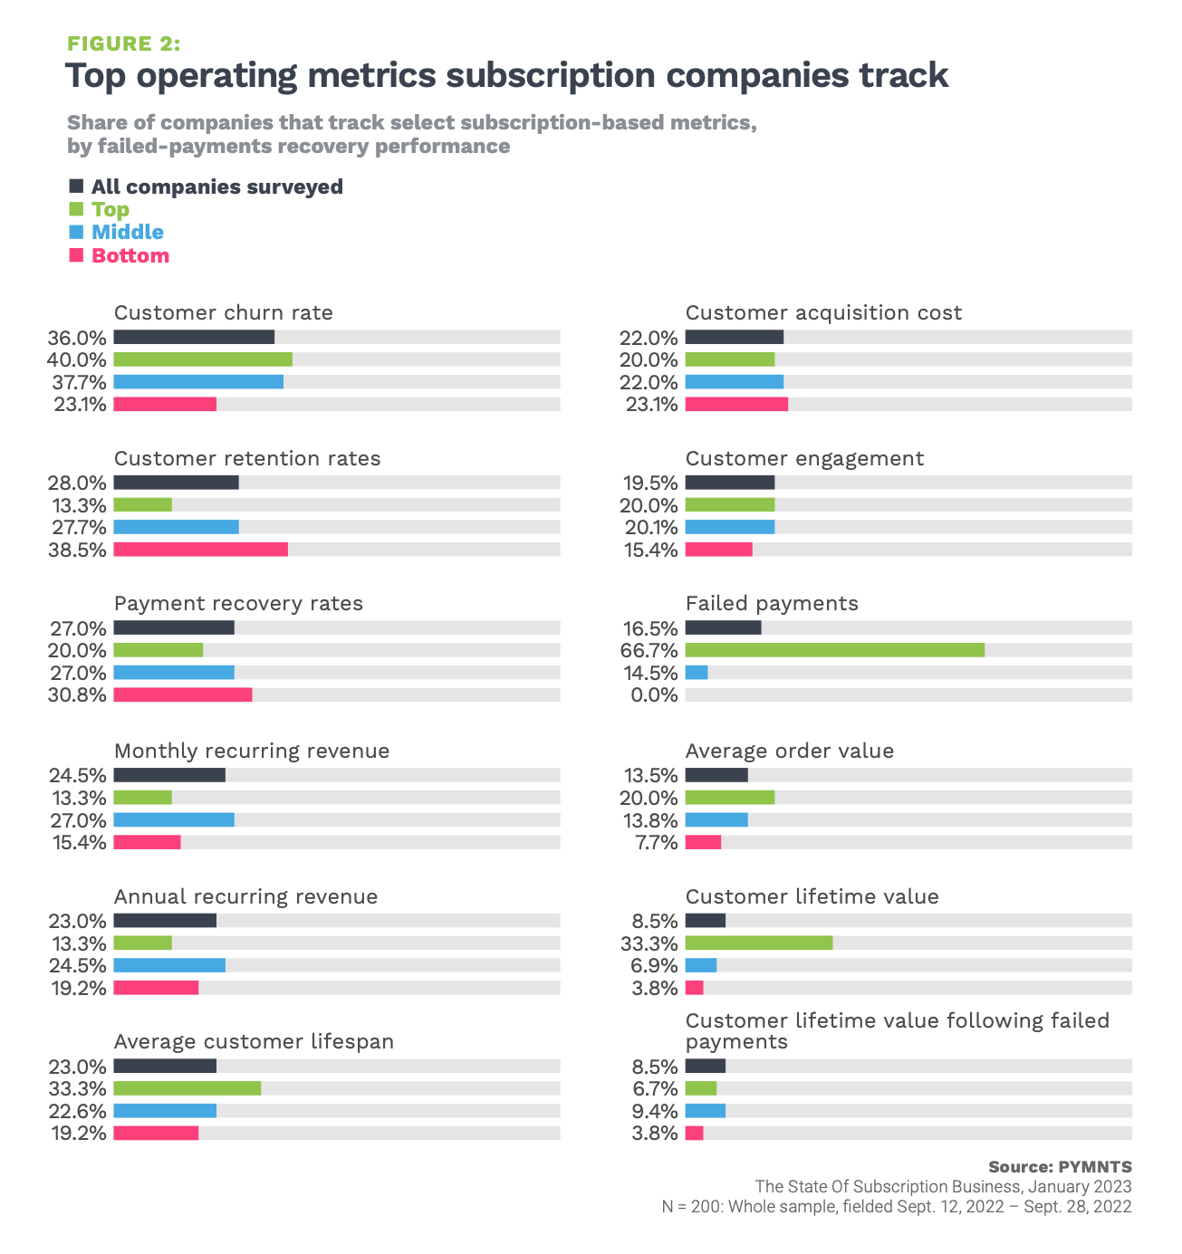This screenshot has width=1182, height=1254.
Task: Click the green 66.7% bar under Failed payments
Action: (834, 650)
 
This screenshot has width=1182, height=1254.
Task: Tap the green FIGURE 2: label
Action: (123, 43)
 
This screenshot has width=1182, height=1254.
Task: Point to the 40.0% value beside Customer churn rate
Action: (77, 359)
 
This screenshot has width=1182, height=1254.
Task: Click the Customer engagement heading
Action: (804, 458)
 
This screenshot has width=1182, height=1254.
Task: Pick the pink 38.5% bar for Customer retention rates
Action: (200, 550)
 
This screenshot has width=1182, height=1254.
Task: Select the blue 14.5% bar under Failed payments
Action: (697, 673)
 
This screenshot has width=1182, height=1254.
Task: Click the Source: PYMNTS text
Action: (1060, 1167)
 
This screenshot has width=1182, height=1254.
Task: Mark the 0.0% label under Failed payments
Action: (655, 695)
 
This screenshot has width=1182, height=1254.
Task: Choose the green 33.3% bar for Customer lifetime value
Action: (759, 943)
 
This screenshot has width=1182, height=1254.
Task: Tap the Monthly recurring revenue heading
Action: (252, 751)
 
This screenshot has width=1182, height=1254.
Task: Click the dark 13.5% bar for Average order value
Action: (716, 775)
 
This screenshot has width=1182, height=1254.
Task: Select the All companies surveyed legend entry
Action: (216, 187)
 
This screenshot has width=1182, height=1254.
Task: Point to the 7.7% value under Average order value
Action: (657, 843)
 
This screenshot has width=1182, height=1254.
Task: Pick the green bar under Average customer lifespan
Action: (187, 1088)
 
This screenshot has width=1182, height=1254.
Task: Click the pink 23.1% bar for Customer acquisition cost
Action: (736, 404)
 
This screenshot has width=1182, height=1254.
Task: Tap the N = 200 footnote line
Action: (896, 1207)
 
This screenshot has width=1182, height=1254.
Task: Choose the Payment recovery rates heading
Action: (238, 604)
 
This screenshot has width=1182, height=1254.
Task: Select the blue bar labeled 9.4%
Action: (706, 1111)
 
